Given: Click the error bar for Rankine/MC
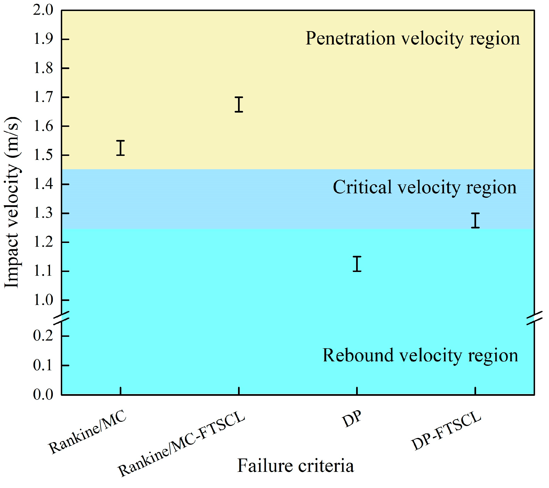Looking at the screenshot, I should click(120, 148).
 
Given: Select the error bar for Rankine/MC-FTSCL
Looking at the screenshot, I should click(239, 104).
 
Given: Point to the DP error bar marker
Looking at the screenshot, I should click(357, 264).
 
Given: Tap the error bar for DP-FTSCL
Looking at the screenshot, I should click(475, 220).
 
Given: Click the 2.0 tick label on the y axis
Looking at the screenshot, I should click(43, 11).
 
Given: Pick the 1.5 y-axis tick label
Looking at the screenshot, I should click(43, 155).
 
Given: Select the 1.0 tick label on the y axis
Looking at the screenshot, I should click(43, 300).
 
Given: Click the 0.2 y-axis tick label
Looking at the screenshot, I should click(43, 336).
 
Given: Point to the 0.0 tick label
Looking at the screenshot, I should click(43, 395).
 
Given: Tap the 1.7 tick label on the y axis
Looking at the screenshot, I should click(43, 97).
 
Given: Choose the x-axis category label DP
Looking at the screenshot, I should click(352, 420).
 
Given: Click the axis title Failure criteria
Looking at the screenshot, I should click(296, 466).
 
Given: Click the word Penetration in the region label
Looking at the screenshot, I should click(350, 38).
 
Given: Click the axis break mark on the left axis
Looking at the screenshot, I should click(62, 318).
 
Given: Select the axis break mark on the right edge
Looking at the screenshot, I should click(535, 318).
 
